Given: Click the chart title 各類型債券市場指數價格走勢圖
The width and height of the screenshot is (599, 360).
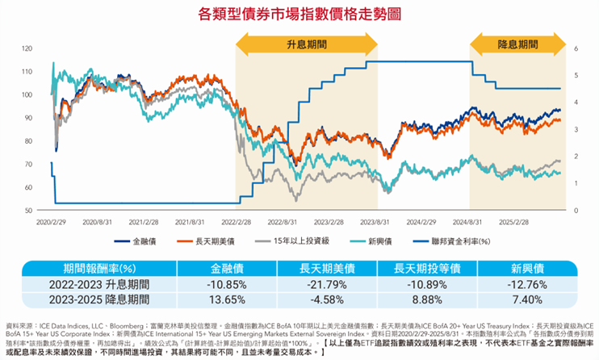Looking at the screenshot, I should tap(299, 14).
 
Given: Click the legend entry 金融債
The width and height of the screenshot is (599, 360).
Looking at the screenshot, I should tap(143, 241).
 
